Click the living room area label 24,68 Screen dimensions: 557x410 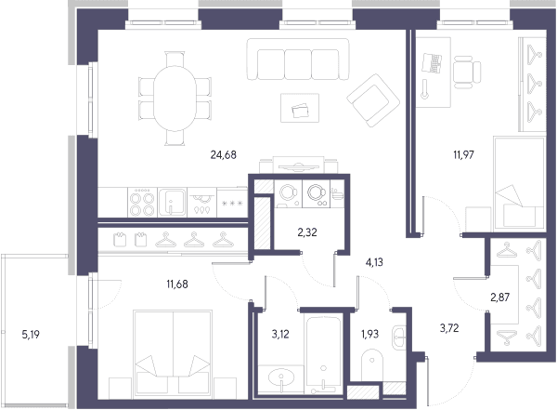point(223,155)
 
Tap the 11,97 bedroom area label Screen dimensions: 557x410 point(463,155)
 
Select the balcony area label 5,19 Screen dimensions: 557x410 point(31,335)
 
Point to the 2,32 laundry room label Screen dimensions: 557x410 point(307,232)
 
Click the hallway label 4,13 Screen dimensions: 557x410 point(374,262)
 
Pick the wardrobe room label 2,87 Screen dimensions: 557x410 point(500,298)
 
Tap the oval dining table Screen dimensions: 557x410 point(175,99)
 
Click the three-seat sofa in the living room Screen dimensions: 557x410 point(298,60)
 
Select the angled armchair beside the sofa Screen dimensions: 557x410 point(373,100)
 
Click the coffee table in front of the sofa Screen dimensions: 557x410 point(300,108)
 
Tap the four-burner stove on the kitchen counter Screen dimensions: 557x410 point(142,202)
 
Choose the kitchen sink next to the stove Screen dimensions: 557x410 point(173,202)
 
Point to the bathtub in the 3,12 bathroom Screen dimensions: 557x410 point(323,353)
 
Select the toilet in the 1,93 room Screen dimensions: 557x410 point(372,365)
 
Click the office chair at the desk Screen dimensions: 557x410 point(467,73)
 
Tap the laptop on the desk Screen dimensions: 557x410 point(432,63)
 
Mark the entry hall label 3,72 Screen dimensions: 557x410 point(449,328)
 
